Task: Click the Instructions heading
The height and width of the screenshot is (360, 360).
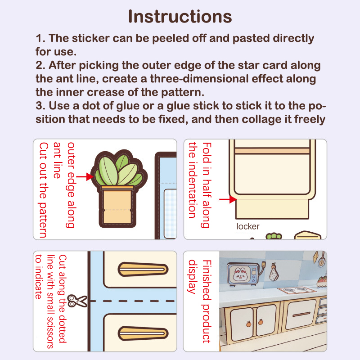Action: pyautogui.click(x=180, y=17)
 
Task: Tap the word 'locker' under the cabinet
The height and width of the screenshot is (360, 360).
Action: pyautogui.click(x=248, y=226)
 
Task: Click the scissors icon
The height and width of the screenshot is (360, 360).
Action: pyautogui.click(x=77, y=301)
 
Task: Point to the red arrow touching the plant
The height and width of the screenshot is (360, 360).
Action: pyautogui.click(x=85, y=177)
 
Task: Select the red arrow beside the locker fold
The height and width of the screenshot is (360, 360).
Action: pyautogui.click(x=228, y=199)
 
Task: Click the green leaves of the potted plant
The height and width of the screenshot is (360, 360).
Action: pyautogui.click(x=119, y=170)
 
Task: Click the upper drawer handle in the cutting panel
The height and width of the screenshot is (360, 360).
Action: pyautogui.click(x=143, y=269)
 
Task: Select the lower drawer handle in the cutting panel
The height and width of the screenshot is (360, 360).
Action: pyautogui.click(x=143, y=333)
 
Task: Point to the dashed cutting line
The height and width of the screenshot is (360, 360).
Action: pyautogui.click(x=133, y=301)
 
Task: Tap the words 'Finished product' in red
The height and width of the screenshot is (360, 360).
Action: pyautogui.click(x=207, y=301)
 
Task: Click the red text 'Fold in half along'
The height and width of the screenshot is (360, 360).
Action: pyautogui.click(x=207, y=185)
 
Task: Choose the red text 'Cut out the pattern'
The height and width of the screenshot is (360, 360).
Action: pyautogui.click(x=43, y=190)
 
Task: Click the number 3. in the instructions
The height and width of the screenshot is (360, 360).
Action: pyautogui.click(x=40, y=106)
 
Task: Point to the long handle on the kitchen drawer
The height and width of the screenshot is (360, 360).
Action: pyautogui.click(x=301, y=314)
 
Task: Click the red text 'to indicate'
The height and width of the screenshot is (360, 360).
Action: pyautogui.click(x=39, y=277)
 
